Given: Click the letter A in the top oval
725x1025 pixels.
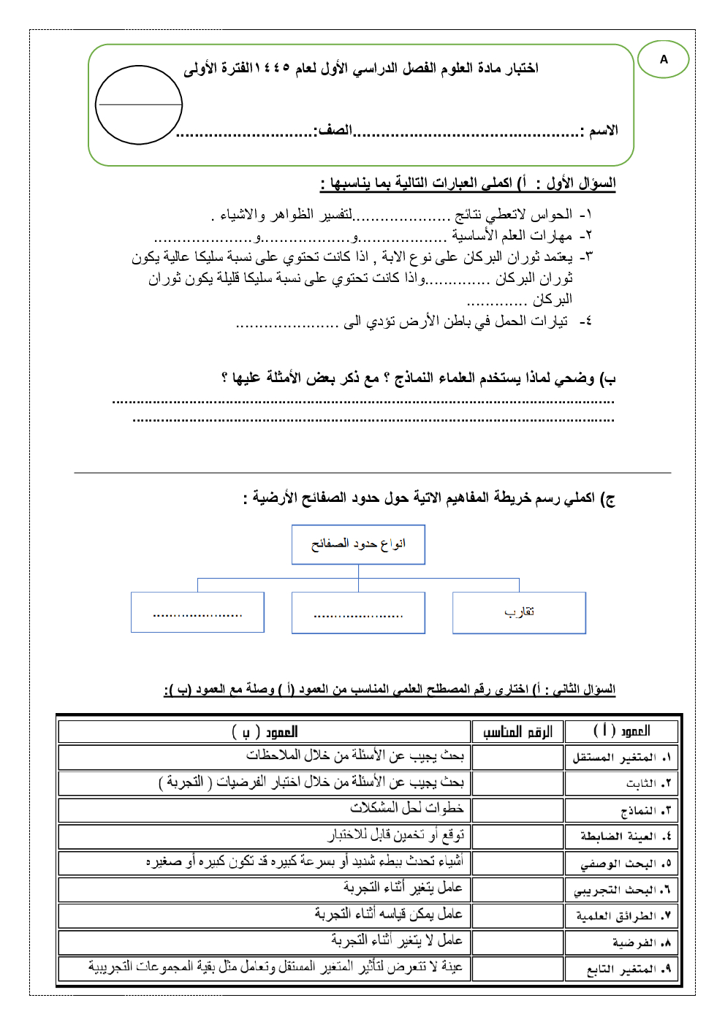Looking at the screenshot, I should [x=664, y=59].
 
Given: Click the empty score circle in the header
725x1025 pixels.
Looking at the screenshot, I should [x=139, y=104].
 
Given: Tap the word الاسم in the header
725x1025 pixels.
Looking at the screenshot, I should [x=604, y=131].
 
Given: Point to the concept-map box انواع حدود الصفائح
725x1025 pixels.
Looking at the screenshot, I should [x=358, y=544].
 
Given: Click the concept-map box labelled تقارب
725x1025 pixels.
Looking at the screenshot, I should [x=519, y=612].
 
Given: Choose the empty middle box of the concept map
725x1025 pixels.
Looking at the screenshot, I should [x=358, y=612].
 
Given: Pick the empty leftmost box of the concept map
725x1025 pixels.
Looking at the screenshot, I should [x=197, y=612].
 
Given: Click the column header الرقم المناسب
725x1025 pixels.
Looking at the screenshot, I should [x=517, y=731].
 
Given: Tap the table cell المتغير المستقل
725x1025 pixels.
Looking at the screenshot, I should [x=620, y=758].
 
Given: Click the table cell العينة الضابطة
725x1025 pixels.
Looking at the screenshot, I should [x=625, y=837].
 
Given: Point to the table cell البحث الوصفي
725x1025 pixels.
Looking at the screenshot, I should [x=625, y=864].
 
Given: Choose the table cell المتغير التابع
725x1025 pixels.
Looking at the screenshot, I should [x=628, y=969].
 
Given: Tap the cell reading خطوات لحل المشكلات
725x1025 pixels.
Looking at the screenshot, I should [x=406, y=808].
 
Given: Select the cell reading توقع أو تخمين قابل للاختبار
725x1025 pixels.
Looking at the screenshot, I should [x=395, y=834].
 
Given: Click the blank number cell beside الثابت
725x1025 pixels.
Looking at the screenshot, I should [x=517, y=783].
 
